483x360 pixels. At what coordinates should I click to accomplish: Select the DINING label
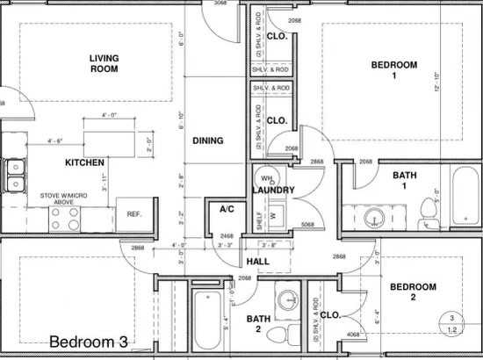[x=207, y=140]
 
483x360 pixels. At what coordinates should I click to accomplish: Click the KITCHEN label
[x=85, y=162]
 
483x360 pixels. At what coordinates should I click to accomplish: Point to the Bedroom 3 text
[x=93, y=342]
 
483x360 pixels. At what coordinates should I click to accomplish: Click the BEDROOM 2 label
[x=413, y=292]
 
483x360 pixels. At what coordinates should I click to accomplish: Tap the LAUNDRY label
[x=271, y=190]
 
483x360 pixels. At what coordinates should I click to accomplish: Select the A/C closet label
[x=227, y=209]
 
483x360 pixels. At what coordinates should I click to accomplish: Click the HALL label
[x=257, y=262]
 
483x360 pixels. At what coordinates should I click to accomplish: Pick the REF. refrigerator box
[x=134, y=213]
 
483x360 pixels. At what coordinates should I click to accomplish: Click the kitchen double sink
[x=15, y=175]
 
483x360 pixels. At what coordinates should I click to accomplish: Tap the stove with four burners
[x=67, y=218]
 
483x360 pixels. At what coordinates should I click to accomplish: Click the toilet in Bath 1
[x=429, y=208]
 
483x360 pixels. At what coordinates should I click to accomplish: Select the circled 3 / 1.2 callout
[x=451, y=324]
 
